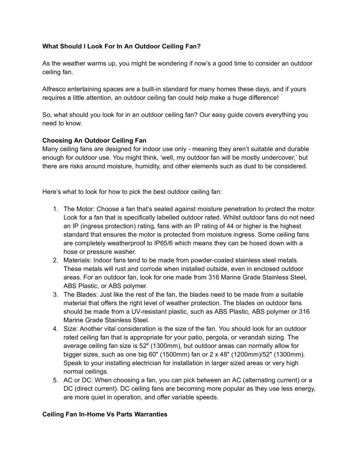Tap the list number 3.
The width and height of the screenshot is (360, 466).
(x=55, y=294)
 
